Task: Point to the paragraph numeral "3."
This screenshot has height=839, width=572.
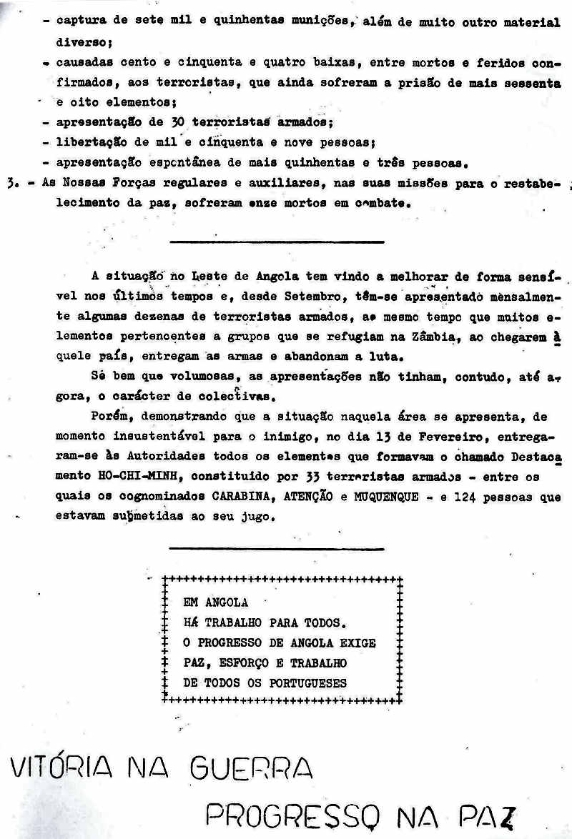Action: [x=10, y=183]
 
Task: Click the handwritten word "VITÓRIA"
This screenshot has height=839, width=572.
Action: [x=61, y=768]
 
